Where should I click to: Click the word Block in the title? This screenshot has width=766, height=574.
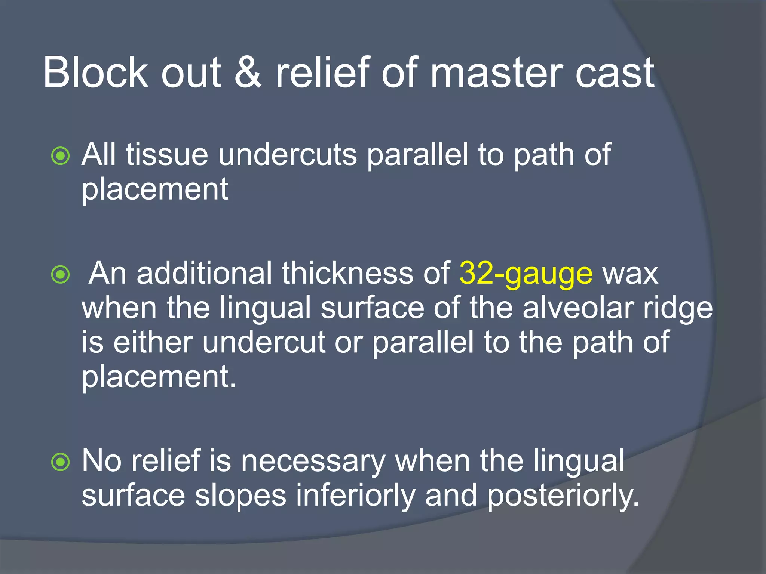coord(95,72)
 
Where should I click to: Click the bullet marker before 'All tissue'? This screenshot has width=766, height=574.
coord(61,156)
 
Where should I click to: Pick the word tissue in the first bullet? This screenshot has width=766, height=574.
coord(167,155)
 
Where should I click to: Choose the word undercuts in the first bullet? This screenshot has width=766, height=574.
coord(288,155)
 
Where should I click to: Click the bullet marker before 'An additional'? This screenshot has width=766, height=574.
coord(61,275)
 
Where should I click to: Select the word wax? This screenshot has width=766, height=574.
coord(630,274)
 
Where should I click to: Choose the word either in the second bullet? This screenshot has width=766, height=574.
coord(153,342)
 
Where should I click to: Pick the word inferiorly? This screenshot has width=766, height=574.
coord(356,496)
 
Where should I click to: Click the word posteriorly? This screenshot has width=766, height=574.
coord(563,496)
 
